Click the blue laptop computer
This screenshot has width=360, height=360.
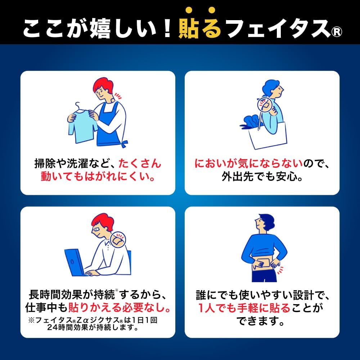75,261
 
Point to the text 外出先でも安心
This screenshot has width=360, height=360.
262,177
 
